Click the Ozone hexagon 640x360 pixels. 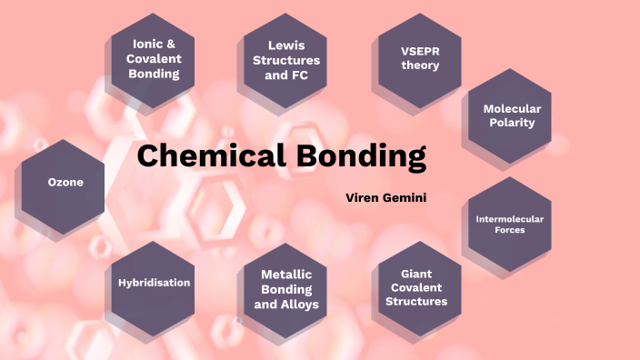tap(65, 183)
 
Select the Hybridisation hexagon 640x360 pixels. tap(154, 282)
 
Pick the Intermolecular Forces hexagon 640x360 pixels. tap(509, 224)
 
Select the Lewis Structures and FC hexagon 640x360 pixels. tap(286, 59)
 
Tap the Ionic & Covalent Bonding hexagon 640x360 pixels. tap(154, 59)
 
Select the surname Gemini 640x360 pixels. tap(405, 197)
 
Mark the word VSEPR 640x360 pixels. tap(420, 51)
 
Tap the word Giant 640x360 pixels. tap(416, 273)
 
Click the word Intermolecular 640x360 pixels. tap(509, 218)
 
